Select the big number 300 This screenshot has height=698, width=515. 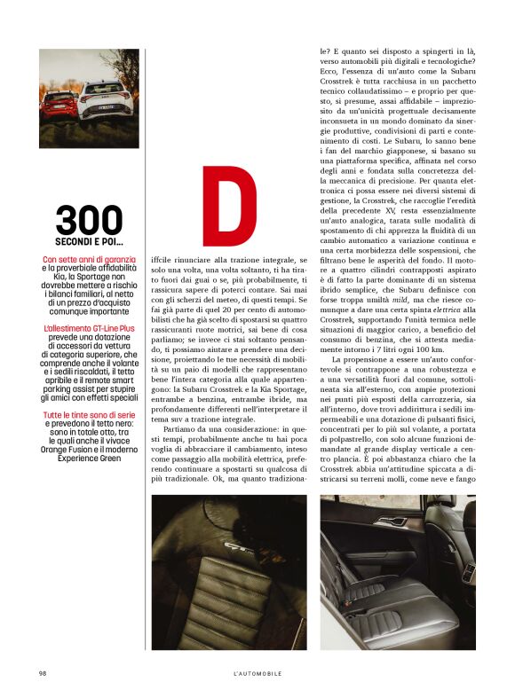[x=89, y=221]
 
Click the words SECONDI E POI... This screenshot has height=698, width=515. [x=89, y=242]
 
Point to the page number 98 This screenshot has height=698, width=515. [x=43, y=673]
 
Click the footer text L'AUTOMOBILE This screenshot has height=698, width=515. [x=257, y=673]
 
